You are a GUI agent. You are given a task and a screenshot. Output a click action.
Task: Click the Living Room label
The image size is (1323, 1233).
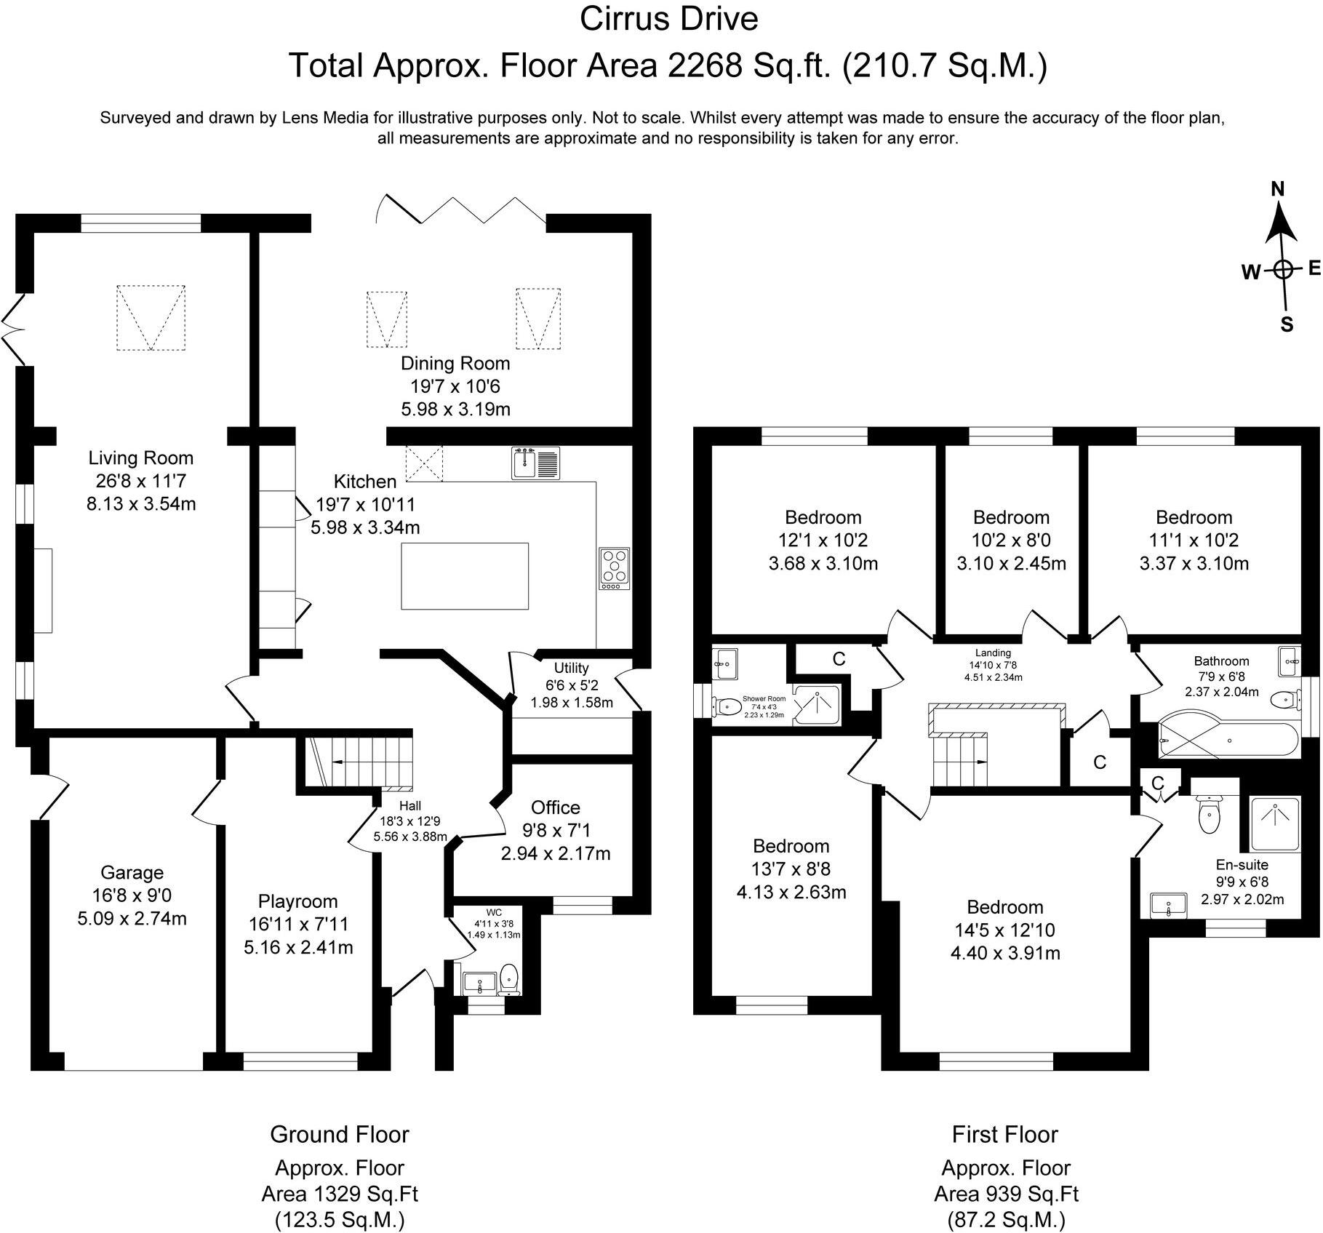(141, 458)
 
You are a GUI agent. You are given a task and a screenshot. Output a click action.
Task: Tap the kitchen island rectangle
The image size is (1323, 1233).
(465, 575)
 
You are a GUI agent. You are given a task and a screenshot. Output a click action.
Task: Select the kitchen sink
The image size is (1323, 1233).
(535, 463)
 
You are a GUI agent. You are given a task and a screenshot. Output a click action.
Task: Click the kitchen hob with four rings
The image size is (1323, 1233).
(615, 569)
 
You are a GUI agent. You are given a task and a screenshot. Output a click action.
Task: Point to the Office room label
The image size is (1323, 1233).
(556, 807)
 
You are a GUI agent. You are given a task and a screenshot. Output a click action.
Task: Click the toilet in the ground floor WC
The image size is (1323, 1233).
(510, 978)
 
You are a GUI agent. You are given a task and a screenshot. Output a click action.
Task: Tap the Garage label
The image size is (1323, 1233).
(132, 872)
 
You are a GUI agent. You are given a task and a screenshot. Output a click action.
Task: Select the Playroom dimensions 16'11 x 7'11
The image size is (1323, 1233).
(298, 924)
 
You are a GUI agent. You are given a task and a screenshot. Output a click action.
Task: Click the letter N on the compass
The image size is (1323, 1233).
(1278, 189)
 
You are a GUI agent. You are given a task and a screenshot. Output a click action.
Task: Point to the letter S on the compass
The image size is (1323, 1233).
(1287, 324)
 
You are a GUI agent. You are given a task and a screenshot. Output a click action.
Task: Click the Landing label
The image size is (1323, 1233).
(993, 653)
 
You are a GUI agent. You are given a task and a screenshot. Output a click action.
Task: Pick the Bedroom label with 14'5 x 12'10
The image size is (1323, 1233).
(1005, 906)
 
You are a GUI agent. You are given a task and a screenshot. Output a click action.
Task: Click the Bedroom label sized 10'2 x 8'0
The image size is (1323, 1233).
(1011, 517)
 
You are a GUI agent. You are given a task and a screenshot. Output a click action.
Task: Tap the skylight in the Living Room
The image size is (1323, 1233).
(151, 317)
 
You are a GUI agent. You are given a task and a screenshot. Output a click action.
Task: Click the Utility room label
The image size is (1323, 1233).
(572, 668)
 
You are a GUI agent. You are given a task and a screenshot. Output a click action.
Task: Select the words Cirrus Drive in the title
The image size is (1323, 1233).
(669, 19)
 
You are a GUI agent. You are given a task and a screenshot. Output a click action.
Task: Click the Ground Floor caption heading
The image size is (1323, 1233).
(340, 1134)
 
